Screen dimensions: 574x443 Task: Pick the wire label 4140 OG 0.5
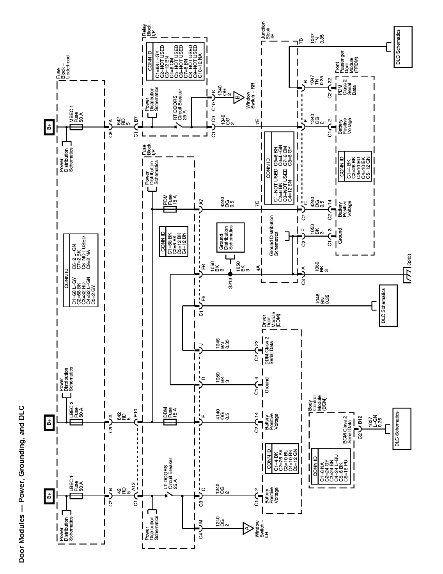tap(222, 422)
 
